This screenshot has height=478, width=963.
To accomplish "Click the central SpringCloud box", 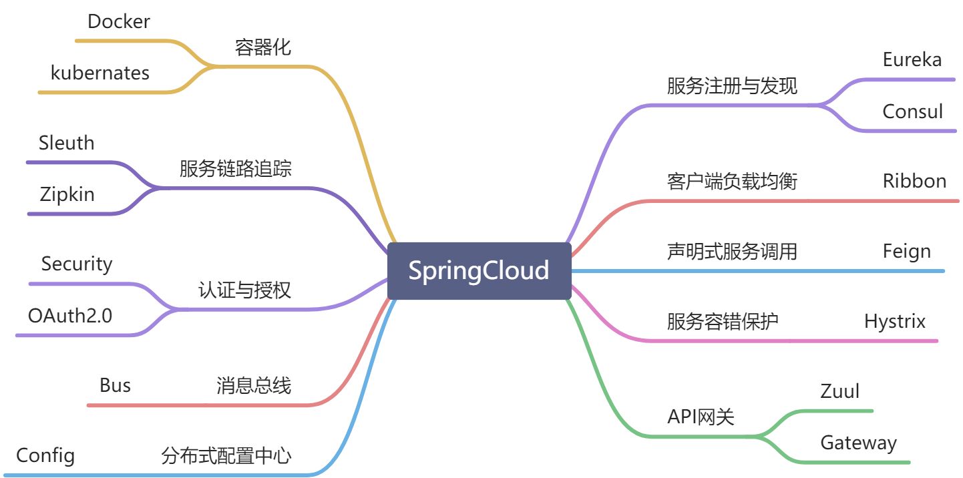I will point(479,271).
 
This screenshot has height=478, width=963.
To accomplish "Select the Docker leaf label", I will point(119,21).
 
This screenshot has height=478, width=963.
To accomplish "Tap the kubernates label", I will point(100,72).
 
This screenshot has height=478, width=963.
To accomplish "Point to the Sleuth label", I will point(67,143).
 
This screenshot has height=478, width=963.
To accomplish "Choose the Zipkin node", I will point(67,194).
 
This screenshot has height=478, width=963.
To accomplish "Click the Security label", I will point(77,264).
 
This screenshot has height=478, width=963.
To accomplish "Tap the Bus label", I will point(115,385).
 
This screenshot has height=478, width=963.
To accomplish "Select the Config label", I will point(45,456).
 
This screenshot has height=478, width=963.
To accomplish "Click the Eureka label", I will point(912,59).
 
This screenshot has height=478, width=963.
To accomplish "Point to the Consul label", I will point(912,111).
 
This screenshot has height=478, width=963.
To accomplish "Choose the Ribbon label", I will point(914,181).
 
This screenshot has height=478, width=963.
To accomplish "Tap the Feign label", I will point(906,251).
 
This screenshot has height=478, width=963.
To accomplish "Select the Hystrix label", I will point(895,321).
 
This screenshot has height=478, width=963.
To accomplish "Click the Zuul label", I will point(839,391).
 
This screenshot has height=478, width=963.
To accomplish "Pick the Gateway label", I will point(858,442).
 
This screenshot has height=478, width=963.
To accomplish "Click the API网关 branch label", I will point(701,417).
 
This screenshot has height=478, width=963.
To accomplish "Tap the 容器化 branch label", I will point(263,47).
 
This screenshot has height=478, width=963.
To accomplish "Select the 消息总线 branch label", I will point(254,385).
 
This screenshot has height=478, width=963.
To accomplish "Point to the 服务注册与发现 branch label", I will point(732,85).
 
